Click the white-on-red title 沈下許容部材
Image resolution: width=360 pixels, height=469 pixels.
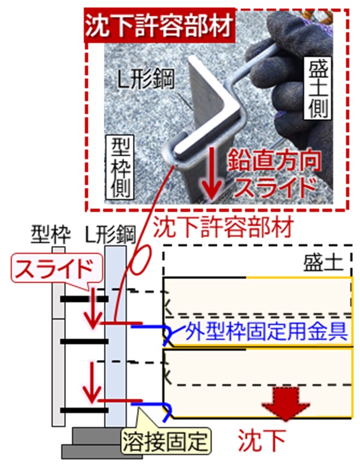point(160,26)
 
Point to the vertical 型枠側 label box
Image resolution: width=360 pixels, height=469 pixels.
point(120,168)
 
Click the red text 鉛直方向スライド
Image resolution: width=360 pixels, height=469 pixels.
point(273,174)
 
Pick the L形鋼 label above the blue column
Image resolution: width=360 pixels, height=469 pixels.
point(110,234)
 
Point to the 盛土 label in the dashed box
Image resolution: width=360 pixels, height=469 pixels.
point(323,263)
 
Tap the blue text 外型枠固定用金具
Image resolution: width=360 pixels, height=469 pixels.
point(266,331)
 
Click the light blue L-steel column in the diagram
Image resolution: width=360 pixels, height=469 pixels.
point(115,337)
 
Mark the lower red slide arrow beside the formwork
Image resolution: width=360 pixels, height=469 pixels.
point(93,382)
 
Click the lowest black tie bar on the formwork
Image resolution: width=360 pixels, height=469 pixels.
point(84,410)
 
